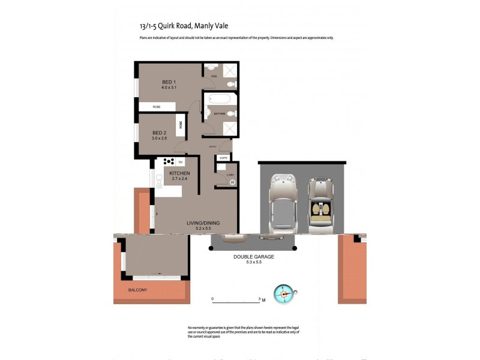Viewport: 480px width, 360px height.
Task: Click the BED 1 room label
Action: point(169,82)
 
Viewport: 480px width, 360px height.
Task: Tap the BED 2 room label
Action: point(159,133)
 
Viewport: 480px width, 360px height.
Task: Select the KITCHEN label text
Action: point(179,173)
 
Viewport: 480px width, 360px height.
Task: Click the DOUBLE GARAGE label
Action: point(254,256)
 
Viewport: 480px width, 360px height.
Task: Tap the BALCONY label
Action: point(137,290)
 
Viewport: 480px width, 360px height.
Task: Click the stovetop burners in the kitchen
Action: point(168,161)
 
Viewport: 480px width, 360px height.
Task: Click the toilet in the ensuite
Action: point(232,84)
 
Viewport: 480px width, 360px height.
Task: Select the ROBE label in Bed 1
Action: point(157,107)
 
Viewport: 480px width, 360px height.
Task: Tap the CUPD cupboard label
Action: point(223,158)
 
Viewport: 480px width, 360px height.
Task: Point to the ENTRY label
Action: point(212,146)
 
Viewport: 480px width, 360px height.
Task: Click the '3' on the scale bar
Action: point(259,298)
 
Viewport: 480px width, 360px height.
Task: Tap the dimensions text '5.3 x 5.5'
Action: point(254,262)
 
